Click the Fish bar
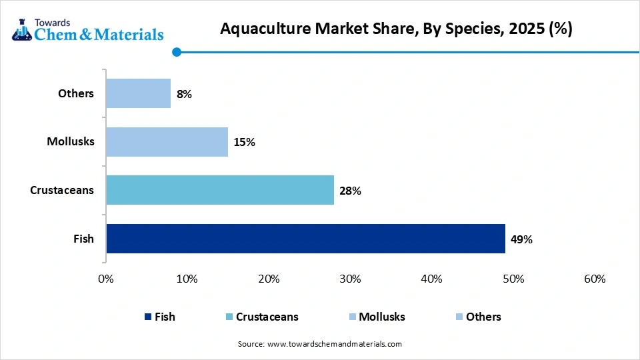click(x=305, y=239)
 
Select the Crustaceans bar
click(x=219, y=190)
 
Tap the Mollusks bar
click(x=167, y=142)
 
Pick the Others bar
click(x=138, y=93)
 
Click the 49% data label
click(x=521, y=239)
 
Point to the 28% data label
click(x=350, y=191)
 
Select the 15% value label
click(x=244, y=142)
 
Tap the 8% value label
click(x=184, y=94)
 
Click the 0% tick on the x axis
click(x=106, y=279)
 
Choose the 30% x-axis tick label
click(x=350, y=279)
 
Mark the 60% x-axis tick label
click(x=594, y=279)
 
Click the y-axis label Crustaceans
click(x=62, y=190)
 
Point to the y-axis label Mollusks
click(x=70, y=141)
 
